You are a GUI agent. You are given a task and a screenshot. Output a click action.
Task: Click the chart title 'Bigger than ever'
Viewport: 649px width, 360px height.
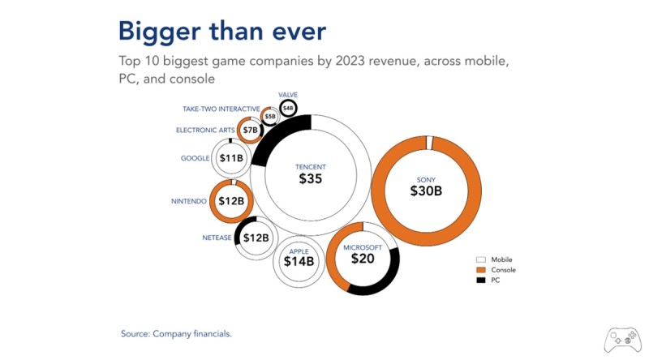coord(222,32)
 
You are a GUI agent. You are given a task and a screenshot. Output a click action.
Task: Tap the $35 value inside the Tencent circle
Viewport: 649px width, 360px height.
coord(311,178)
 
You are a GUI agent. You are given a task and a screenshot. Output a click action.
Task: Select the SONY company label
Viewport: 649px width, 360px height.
coord(426,180)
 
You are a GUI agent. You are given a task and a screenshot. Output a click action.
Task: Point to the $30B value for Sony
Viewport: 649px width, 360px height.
coord(426,191)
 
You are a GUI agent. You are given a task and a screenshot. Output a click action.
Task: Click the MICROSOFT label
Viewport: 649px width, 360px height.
coord(363,247)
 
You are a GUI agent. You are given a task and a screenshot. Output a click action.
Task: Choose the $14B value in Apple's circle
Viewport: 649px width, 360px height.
coord(299,262)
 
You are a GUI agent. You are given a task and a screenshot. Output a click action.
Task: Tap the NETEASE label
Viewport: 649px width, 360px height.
coord(217,238)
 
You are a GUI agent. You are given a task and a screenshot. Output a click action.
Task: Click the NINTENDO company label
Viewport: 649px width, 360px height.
coord(189,202)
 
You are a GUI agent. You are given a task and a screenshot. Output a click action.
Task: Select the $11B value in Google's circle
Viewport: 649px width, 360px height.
coord(231,158)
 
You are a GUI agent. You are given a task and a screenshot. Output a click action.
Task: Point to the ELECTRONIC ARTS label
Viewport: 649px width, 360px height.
coord(205,131)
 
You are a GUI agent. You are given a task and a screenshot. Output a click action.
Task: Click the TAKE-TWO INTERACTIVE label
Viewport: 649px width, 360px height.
coord(221,109)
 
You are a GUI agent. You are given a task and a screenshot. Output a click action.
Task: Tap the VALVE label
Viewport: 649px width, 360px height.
coord(288,95)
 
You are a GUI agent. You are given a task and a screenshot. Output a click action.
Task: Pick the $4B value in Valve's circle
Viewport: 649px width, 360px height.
coord(288,109)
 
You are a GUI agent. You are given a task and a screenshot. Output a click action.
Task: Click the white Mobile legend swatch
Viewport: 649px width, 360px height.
coord(480,259)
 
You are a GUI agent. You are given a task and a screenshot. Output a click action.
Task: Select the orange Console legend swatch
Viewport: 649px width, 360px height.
coord(480,270)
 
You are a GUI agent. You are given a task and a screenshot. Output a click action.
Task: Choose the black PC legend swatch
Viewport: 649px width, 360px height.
coord(480,281)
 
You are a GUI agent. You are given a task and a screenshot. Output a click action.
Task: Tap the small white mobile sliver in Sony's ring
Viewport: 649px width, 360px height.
coord(429,143)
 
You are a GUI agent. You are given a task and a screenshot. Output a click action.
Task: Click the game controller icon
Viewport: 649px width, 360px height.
coord(622,341)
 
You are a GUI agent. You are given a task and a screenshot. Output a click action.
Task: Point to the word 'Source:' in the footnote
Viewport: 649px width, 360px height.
coord(135,333)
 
